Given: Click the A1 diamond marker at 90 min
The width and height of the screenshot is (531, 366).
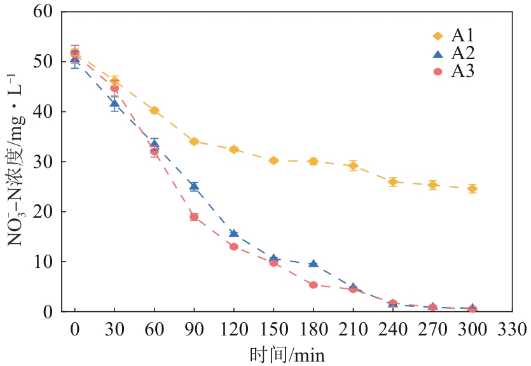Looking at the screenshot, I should coord(194,141).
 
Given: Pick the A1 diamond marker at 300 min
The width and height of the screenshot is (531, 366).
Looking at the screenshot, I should coord(472,188).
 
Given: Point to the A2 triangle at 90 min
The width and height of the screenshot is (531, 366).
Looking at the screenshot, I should coord(194,186).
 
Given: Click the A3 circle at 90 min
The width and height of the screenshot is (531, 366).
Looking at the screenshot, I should coord(194,217).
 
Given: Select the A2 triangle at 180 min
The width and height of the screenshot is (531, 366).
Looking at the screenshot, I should coord(313,264).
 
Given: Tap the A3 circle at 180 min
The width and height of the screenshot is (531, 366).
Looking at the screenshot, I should coord(313,285).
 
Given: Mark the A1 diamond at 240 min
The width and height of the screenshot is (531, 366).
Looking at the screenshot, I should coord(392,182).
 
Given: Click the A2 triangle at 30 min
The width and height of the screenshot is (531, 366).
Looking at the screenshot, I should coord(114,103).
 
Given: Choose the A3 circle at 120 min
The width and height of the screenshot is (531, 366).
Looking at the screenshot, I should coord(233,246).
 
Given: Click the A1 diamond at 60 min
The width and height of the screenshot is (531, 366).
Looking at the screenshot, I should coord(154,110).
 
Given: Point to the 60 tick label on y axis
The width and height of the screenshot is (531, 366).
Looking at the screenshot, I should coord(42,12).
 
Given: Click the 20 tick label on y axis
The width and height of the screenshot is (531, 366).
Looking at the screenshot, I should coord(42,212).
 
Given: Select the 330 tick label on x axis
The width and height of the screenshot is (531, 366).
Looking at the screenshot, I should coord(511,330).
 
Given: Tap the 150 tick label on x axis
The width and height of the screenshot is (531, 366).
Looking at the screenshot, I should coord(273,330).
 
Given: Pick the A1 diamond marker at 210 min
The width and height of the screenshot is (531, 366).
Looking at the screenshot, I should coord(353,165).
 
